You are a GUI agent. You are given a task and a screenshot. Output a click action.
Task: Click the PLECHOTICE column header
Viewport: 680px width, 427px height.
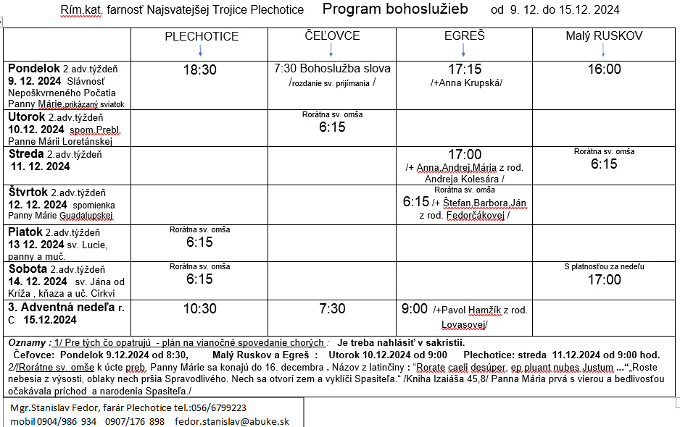(201, 36)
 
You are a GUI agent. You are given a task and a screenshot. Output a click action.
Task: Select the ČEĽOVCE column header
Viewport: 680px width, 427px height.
(332, 35)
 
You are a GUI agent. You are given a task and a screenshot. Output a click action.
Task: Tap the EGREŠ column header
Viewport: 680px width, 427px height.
(464, 35)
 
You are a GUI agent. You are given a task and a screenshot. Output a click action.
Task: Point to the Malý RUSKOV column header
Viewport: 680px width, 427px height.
(604, 35)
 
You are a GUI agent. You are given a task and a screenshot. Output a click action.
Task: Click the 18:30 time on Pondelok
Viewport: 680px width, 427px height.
(199, 70)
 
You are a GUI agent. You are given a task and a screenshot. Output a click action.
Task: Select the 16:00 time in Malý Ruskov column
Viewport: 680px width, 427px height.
(604, 69)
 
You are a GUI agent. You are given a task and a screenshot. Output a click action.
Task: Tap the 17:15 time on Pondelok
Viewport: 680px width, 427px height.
(465, 69)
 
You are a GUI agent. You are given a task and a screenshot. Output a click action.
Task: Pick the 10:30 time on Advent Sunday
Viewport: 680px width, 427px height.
(199, 309)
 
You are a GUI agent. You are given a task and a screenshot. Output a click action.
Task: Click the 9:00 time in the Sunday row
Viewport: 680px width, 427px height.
(415, 309)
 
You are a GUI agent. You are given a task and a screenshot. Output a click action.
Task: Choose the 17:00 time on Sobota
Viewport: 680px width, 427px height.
(604, 279)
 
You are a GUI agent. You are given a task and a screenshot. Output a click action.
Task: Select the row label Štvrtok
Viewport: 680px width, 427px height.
(28, 192)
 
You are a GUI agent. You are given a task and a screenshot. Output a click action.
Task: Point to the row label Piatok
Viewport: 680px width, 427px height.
(25, 232)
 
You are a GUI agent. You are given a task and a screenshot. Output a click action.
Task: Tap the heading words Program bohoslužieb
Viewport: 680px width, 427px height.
(395, 9)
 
